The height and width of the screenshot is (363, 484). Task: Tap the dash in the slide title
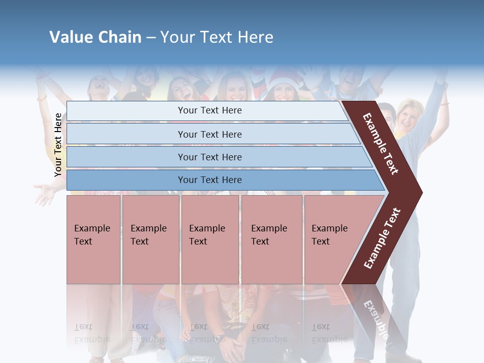[x=151, y=38]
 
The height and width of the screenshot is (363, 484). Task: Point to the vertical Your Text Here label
[x=58, y=145]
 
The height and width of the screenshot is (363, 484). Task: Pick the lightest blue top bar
[x=207, y=110]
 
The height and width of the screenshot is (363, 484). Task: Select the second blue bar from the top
[x=212, y=134]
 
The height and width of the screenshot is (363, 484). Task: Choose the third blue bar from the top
[x=217, y=157]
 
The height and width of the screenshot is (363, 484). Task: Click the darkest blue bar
[x=222, y=180]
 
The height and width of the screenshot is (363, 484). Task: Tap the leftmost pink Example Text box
[x=93, y=239]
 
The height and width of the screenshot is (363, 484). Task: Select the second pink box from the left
[x=150, y=239]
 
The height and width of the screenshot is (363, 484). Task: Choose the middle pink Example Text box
[x=210, y=239]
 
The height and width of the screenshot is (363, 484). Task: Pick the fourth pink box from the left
[x=272, y=239]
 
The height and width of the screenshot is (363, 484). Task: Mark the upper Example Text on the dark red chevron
[x=381, y=144]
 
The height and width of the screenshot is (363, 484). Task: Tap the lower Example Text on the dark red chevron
[x=382, y=238]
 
